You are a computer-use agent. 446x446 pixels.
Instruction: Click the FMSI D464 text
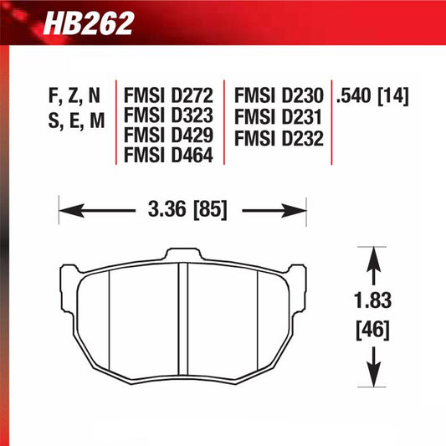(168, 155)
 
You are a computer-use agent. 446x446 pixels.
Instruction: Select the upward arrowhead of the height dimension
(373, 255)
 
